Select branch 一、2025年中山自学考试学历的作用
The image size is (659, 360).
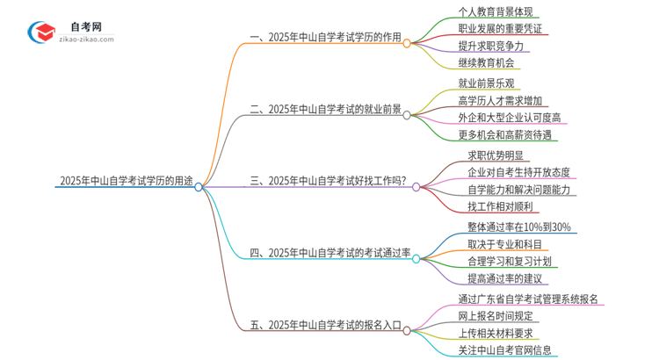click(325, 38)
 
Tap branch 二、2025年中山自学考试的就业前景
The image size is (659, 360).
click(325, 110)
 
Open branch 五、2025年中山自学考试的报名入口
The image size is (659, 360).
click(325, 326)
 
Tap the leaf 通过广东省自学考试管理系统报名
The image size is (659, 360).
click(528, 299)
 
